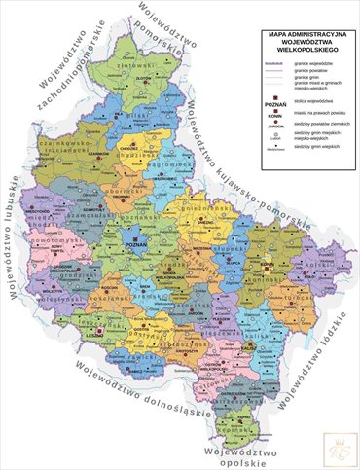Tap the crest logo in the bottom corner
341,450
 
